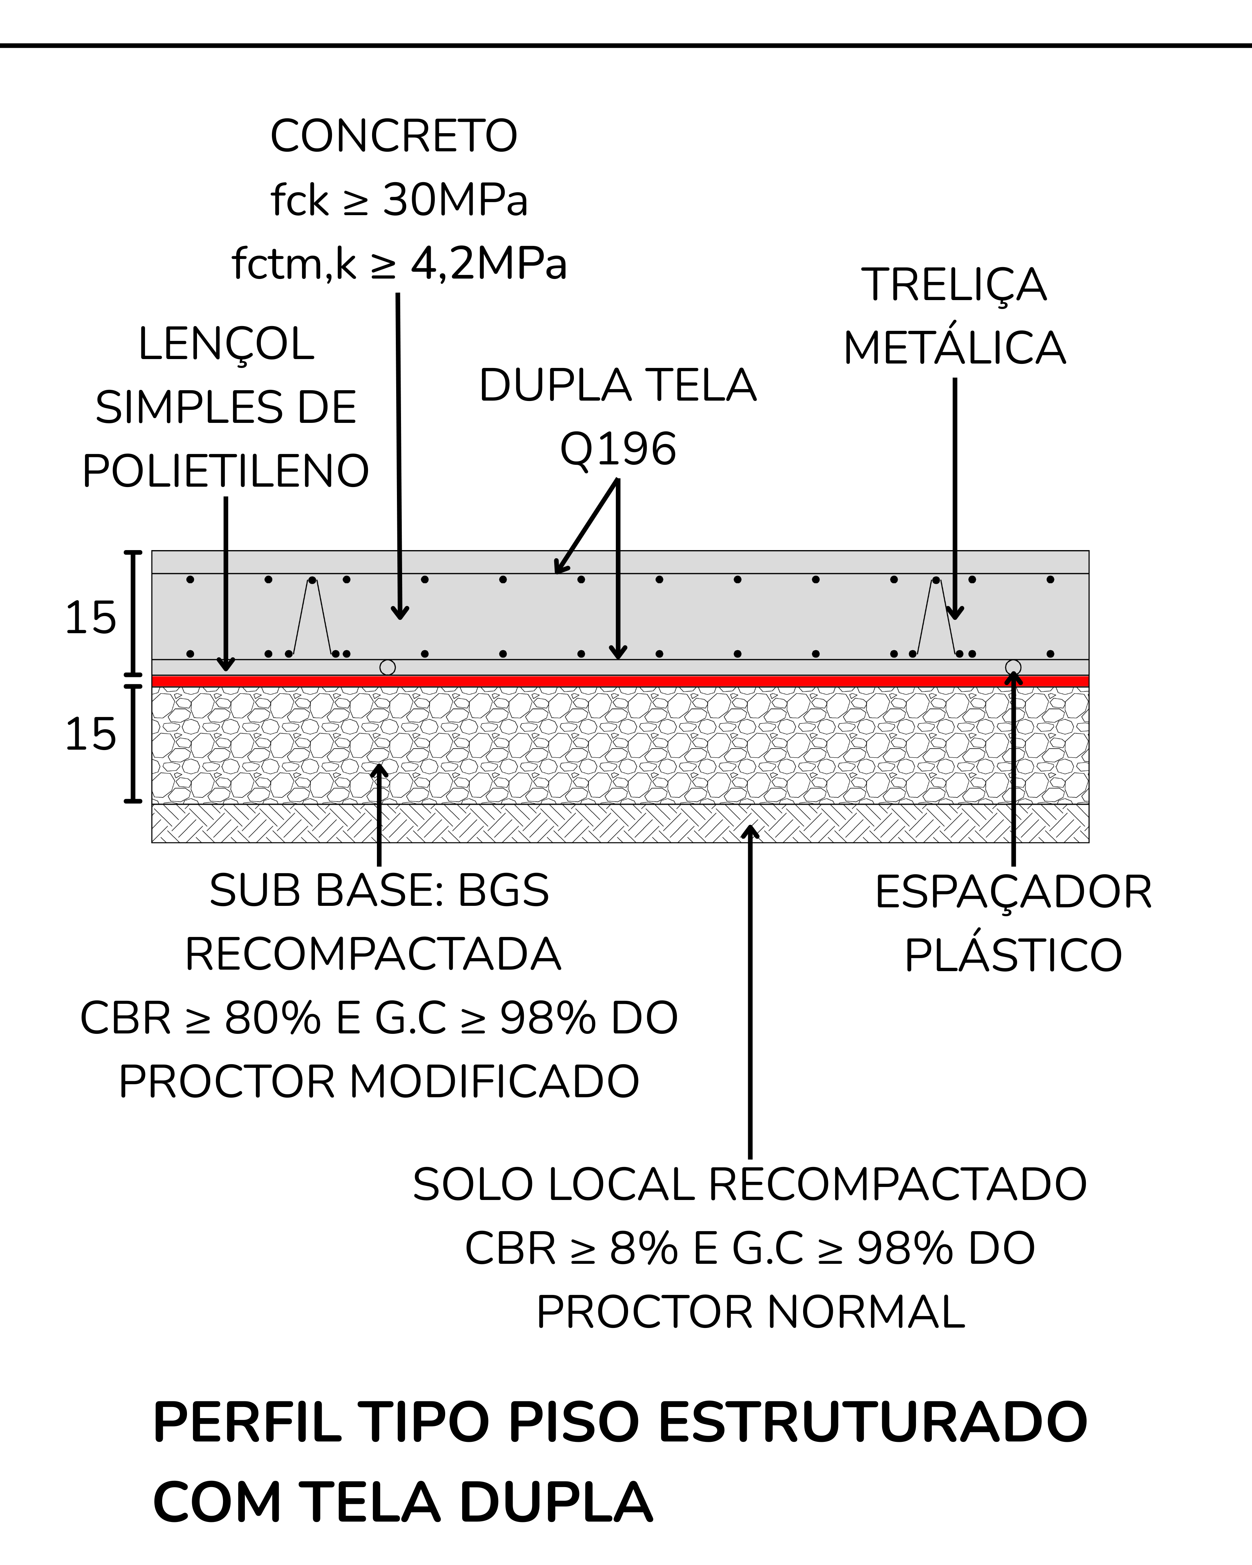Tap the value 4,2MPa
coord(489,263)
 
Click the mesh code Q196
coord(618,448)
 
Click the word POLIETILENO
coord(226,471)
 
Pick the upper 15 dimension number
coord(91,618)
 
